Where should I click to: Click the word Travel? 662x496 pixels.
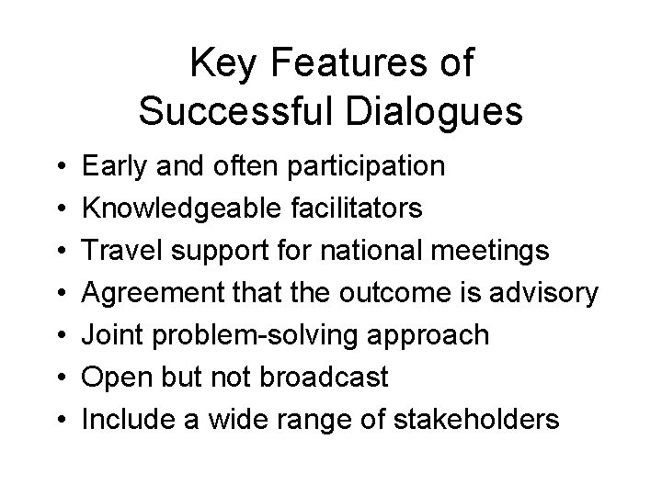(x=120, y=252)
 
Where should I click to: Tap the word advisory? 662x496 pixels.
(x=544, y=294)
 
